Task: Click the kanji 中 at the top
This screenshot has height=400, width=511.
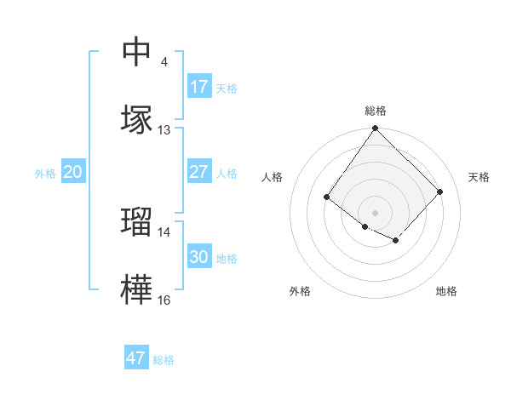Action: [x=137, y=53]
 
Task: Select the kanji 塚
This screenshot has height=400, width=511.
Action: [x=137, y=120]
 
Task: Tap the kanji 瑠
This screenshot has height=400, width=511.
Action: [x=137, y=222]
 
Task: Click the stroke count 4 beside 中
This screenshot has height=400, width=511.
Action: [x=164, y=62]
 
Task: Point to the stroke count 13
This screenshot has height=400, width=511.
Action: [x=164, y=130]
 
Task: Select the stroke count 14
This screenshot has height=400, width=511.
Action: [x=164, y=231]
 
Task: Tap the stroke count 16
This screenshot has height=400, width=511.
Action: [x=164, y=300]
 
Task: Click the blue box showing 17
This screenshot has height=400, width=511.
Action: [x=199, y=87]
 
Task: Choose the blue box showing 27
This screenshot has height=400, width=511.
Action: [x=199, y=172]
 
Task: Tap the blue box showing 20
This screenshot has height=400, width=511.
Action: [x=73, y=172]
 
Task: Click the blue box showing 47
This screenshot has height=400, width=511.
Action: [x=136, y=358]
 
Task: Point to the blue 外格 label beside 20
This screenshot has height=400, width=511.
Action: [x=45, y=174]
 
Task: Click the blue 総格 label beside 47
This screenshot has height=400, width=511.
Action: [x=164, y=360]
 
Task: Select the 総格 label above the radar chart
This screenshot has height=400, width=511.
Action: [x=376, y=111]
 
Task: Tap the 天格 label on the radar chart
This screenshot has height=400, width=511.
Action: [x=479, y=177]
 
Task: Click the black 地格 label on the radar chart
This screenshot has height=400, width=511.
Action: [x=446, y=291]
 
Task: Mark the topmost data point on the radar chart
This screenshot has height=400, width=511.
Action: [x=376, y=129]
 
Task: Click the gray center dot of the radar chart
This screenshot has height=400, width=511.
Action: [x=376, y=212]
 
